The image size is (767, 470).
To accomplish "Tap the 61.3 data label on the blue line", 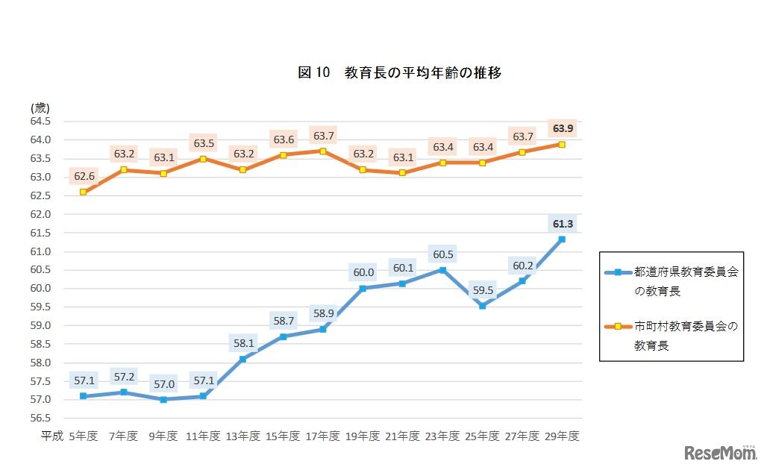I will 562,224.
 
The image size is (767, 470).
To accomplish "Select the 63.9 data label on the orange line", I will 562,128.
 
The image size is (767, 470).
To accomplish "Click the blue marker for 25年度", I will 482,306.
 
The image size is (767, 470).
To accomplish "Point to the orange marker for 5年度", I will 83,192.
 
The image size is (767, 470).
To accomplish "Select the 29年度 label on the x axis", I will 562,436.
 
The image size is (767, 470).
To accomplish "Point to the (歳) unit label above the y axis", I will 40,107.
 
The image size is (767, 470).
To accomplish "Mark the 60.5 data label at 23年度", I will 442,254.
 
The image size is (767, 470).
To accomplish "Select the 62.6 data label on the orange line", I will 83,177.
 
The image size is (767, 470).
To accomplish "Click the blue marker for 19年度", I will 363,288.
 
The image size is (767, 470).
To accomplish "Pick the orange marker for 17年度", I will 322,151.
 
